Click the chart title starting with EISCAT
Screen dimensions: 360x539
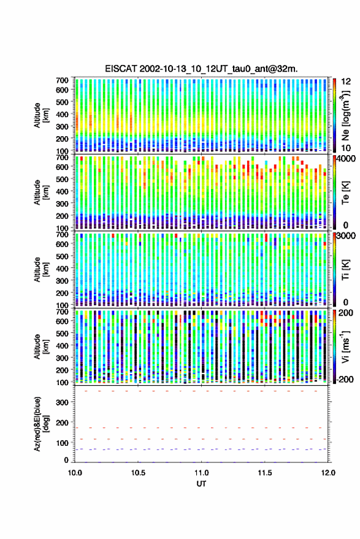201,69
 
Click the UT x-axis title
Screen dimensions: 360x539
201,484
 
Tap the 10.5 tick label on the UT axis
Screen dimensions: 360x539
138,473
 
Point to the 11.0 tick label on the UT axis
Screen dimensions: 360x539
201,473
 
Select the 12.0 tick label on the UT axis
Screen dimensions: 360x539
327,473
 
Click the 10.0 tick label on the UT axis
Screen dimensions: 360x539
75,473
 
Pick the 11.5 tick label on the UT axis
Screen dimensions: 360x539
264,473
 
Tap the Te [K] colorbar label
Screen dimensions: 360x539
345,193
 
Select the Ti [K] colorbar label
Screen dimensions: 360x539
345,270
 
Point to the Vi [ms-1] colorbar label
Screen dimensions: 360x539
345,346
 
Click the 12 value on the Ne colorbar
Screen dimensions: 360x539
347,82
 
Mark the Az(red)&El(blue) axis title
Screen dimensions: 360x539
42,424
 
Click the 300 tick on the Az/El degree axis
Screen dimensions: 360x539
62,402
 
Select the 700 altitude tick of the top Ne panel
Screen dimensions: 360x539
62,80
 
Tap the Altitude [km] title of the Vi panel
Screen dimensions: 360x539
42,346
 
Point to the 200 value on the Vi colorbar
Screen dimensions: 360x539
346,313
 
